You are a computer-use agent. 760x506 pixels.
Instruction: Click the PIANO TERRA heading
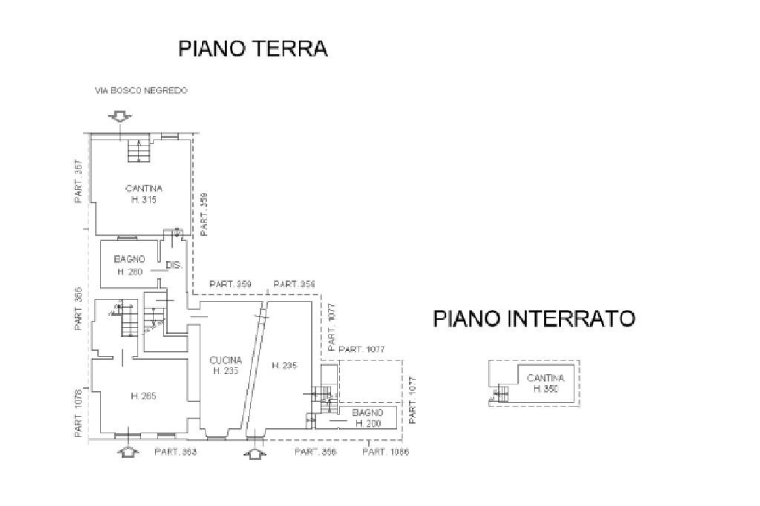[253, 49]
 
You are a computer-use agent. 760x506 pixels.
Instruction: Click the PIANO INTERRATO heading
[534, 319]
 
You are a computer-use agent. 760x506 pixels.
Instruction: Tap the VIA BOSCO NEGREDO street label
[141, 91]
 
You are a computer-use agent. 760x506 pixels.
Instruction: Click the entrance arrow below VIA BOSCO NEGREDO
[119, 116]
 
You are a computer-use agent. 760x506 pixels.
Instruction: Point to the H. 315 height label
[143, 200]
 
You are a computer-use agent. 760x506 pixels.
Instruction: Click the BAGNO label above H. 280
[129, 259]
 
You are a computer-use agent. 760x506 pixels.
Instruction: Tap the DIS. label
[174, 265]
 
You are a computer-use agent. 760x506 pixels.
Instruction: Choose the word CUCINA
[226, 360]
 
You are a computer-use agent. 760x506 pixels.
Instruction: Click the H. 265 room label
[143, 396]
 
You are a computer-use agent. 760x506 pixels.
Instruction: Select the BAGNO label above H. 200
[367, 413]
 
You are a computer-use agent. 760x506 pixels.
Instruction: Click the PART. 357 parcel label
[78, 183]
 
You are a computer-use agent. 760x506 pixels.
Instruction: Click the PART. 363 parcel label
[175, 452]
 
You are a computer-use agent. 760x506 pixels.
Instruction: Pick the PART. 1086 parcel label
[385, 452]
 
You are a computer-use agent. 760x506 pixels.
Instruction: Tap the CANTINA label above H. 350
[546, 378]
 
